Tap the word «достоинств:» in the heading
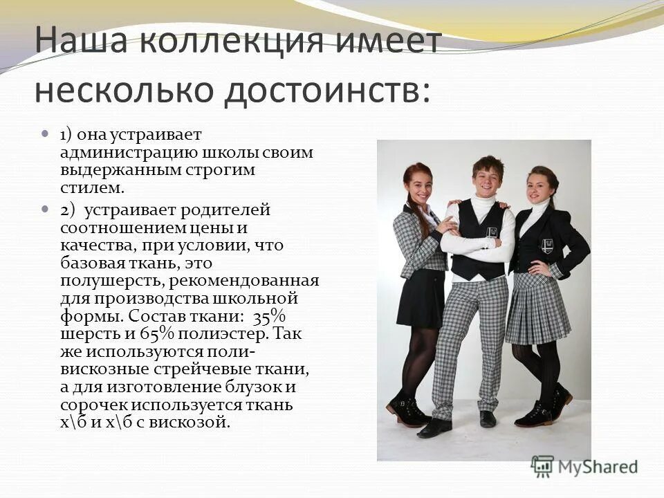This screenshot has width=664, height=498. click(x=325, y=90)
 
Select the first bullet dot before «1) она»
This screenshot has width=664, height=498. click(x=46, y=131)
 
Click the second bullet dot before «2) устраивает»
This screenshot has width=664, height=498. click(x=46, y=207)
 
